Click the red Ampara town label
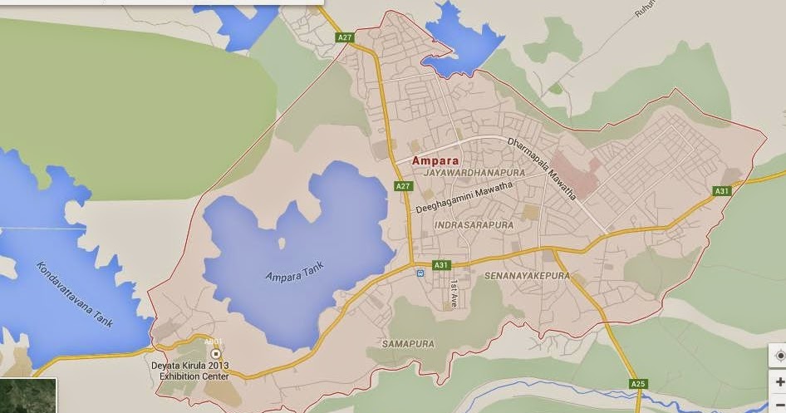pos(435,160)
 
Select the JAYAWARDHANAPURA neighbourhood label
pos(474,172)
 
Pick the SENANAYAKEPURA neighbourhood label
pos(527,276)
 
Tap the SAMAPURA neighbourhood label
pos(409,343)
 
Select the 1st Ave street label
pos(454,293)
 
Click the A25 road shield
pos(638,384)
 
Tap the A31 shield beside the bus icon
pos(440,266)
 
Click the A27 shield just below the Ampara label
pos(404,186)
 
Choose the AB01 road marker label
pos(214,342)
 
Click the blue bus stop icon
pos(420,272)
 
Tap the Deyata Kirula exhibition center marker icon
pos(216,354)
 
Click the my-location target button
pos(779,356)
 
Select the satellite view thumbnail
pos(28,396)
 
